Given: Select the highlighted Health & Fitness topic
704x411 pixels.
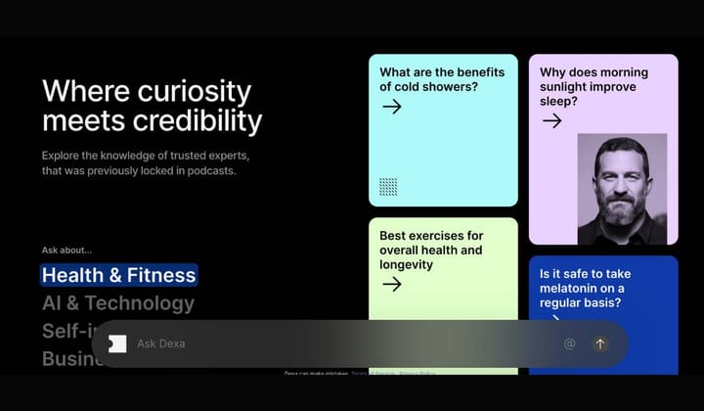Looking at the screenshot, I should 118,275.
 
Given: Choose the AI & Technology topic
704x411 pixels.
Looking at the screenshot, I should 118,303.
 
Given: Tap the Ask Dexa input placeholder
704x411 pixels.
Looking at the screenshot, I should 161,343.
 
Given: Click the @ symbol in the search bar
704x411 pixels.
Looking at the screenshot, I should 569,343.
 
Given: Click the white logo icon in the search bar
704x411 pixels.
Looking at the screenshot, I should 117,343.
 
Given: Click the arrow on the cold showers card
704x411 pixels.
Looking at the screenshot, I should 392,107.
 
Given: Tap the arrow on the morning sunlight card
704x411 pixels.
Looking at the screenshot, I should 552,120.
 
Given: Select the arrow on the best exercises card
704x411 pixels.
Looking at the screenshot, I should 392,284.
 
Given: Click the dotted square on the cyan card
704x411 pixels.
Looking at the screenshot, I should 388,187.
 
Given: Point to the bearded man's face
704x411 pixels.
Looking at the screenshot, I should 621,181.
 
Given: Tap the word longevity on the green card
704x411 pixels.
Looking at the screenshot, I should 406,264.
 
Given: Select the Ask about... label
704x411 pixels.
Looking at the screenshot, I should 66,250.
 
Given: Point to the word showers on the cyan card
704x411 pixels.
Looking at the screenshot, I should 424,86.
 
